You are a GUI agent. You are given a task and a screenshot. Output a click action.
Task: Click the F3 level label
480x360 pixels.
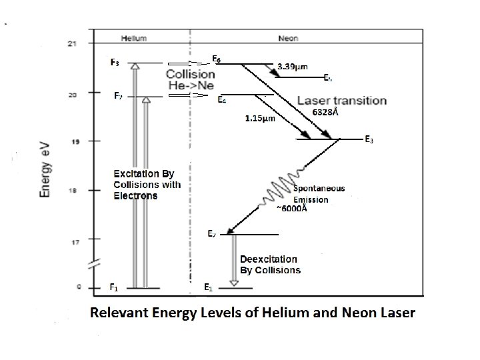click(x=115, y=63)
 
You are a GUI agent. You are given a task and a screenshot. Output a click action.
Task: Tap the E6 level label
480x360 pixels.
click(x=217, y=59)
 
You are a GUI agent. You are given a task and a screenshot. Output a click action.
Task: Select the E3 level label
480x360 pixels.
click(x=369, y=140)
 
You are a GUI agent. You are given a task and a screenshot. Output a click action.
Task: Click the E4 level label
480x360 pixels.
click(x=222, y=101)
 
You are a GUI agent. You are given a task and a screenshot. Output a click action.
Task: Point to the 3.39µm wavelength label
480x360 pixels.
click(x=291, y=67)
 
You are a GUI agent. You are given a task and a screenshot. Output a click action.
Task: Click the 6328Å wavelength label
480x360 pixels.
click(x=325, y=113)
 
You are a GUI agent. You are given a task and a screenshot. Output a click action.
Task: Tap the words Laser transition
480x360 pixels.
click(x=341, y=101)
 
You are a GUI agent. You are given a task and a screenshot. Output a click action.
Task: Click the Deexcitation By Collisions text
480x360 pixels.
click(x=269, y=265)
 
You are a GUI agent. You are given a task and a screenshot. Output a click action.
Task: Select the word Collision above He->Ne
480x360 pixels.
click(x=189, y=74)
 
